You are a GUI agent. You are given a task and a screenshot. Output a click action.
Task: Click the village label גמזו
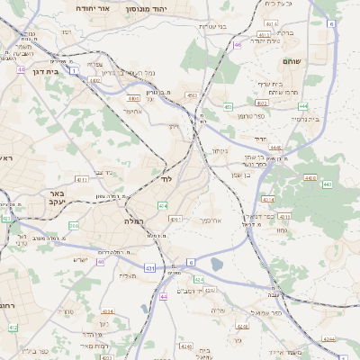(282, 230)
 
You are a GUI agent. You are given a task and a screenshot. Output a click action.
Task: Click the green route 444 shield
(304, 105)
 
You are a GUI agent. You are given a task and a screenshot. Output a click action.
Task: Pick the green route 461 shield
(191, 94)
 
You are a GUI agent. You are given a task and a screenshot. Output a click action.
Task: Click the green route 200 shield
(74, 225)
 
